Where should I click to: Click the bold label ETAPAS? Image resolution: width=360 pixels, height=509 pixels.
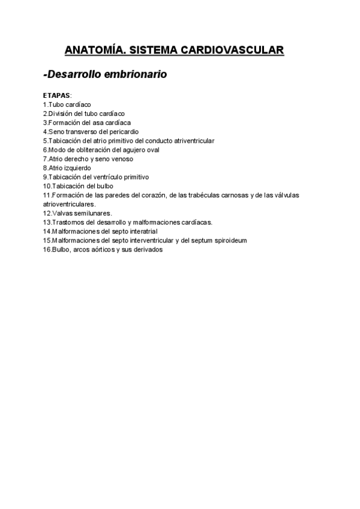(56, 95)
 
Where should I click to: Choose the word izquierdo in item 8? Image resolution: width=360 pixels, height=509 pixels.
(78, 168)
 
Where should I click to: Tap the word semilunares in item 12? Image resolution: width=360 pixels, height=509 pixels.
(93, 213)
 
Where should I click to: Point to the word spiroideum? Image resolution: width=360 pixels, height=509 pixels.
(228, 240)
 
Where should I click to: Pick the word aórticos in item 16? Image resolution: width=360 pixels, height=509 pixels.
(100, 250)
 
